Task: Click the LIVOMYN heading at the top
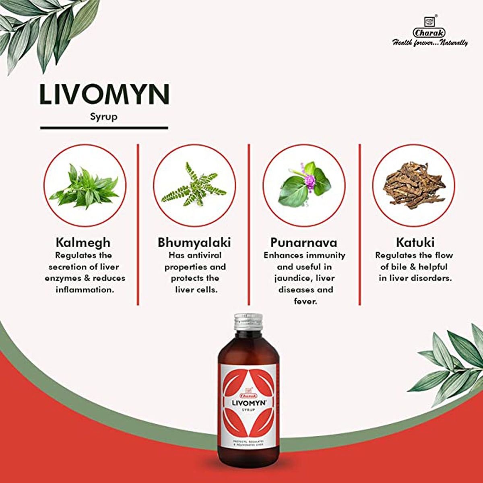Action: tap(104, 94)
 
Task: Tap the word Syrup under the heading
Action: tap(104, 118)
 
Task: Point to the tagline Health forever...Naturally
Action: tap(430, 42)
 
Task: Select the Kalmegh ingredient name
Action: tap(83, 243)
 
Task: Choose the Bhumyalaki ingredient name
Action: tap(194, 243)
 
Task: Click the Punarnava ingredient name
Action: tap(304, 243)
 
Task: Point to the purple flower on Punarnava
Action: tap(309, 180)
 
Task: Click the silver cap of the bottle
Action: tap(248, 322)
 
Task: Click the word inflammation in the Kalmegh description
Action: tap(85, 290)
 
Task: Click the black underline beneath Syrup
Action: tap(104, 128)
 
